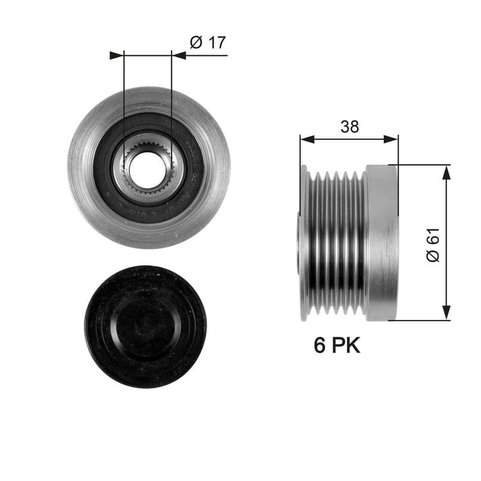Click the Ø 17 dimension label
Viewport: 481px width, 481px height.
point(207,43)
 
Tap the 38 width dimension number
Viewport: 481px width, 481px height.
point(349,127)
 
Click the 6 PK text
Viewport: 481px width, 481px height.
point(337,346)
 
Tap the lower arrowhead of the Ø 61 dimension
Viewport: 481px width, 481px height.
point(446,312)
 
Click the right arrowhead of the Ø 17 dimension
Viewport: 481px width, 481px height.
point(179,55)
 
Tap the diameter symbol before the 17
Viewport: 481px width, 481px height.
point(195,43)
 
